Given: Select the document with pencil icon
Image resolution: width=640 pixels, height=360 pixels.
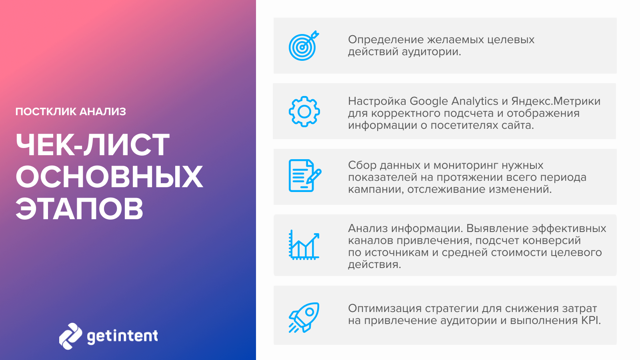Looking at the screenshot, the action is click(305, 176).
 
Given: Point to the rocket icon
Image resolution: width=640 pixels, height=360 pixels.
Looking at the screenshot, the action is click(304, 317).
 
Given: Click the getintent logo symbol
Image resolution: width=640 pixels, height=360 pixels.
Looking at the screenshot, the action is click(70, 336).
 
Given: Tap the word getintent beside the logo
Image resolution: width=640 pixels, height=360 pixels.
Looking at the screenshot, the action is click(122, 336).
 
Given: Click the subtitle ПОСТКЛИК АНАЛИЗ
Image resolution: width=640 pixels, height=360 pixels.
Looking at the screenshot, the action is click(70, 112).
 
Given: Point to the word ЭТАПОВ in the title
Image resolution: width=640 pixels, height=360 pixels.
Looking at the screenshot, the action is click(80, 208).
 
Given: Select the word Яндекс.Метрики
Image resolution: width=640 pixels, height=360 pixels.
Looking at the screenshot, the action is click(556, 101).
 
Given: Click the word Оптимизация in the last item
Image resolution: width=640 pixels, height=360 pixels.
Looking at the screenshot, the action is click(384, 308).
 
